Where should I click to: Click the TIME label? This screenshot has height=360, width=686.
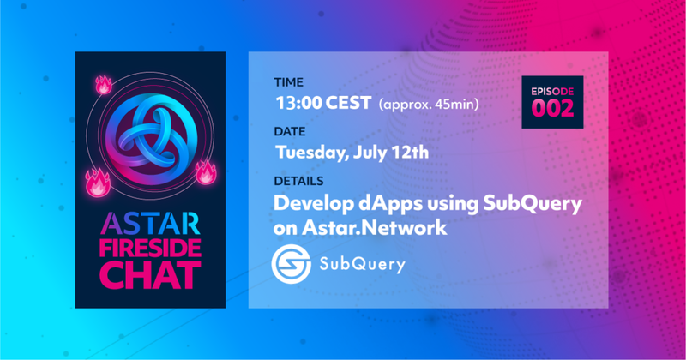(288, 82)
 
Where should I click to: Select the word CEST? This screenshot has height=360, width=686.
(349, 103)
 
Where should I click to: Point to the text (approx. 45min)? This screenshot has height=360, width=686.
(429, 105)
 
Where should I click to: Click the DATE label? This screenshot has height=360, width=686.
(290, 132)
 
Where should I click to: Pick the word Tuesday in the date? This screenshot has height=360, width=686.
(311, 153)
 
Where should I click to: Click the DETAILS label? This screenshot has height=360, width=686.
(298, 181)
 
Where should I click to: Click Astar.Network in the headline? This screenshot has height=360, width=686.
(375, 228)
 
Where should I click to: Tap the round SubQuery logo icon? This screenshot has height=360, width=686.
(291, 264)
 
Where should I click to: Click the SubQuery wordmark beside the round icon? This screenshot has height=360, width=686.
(362, 265)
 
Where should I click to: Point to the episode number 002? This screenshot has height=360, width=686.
(552, 108)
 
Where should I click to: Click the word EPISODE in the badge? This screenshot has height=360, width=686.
(552, 92)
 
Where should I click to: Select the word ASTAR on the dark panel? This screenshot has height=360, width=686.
(150, 224)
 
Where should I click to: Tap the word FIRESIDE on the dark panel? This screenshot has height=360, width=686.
(150, 249)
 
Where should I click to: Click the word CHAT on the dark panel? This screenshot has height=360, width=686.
(150, 275)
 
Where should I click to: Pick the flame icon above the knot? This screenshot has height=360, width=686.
(104, 84)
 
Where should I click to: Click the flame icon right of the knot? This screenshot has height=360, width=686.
(206, 172)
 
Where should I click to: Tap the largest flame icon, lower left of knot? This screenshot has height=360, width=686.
(98, 183)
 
